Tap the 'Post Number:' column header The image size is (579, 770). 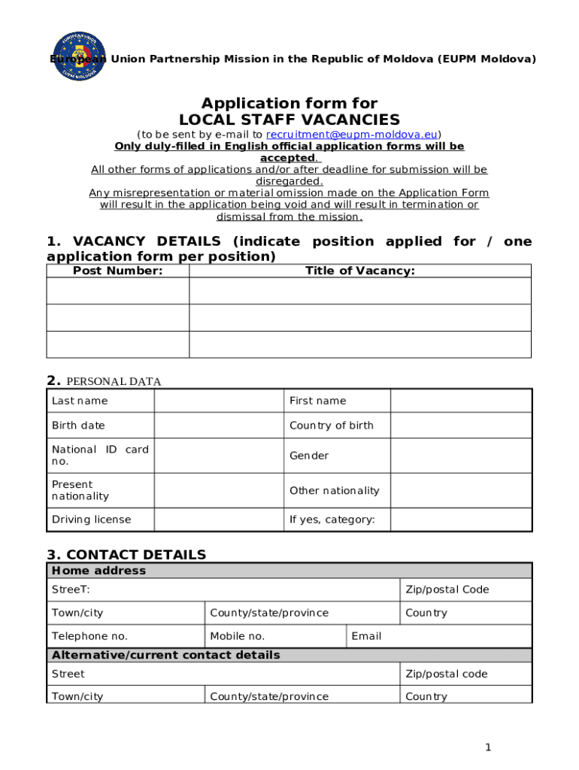[x=117, y=271]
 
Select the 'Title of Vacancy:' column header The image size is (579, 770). [x=359, y=271]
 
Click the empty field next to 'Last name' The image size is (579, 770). [x=219, y=401]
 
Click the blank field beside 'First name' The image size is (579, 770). [x=461, y=401]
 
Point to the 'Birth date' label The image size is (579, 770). [x=78, y=426]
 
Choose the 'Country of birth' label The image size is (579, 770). [x=331, y=426]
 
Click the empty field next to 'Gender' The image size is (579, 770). [x=461, y=456]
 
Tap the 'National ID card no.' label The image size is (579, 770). [x=100, y=455]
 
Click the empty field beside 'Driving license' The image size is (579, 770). [x=219, y=520]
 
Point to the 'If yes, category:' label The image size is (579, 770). [x=332, y=520]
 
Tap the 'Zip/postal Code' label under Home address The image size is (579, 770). [x=447, y=590]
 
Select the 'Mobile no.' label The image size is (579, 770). [x=237, y=636]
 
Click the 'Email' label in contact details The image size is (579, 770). [x=366, y=636]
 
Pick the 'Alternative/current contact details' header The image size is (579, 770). [x=165, y=655]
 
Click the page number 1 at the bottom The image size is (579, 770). [x=488, y=747]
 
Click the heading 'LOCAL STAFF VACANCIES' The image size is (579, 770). [x=289, y=120]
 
